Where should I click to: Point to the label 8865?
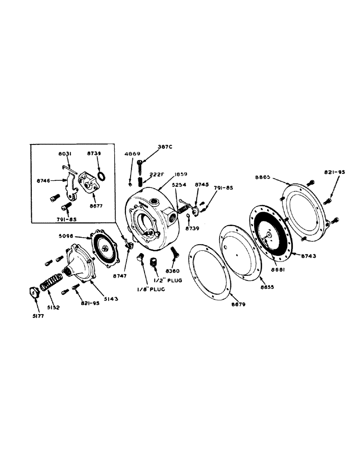tap(263, 177)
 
